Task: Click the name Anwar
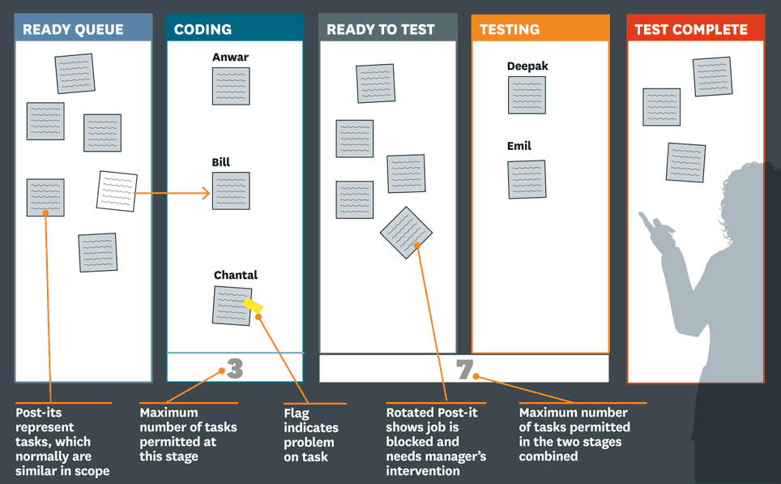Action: pyautogui.click(x=230, y=58)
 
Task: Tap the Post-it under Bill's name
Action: pyautogui.click(x=231, y=191)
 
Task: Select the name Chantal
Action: pyautogui.click(x=236, y=275)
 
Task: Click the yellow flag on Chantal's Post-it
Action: pyautogui.click(x=253, y=305)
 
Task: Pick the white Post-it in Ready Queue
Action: pyautogui.click(x=117, y=191)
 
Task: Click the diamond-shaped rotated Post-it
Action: pyautogui.click(x=406, y=233)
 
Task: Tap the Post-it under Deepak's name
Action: pyautogui.click(x=527, y=95)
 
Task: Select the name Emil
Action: pyautogui.click(x=519, y=146)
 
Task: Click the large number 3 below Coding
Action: pyautogui.click(x=235, y=368)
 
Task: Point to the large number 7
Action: pyautogui.click(x=464, y=369)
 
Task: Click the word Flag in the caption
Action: pyautogui.click(x=297, y=413)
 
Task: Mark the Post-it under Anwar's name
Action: pyautogui.click(x=231, y=86)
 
